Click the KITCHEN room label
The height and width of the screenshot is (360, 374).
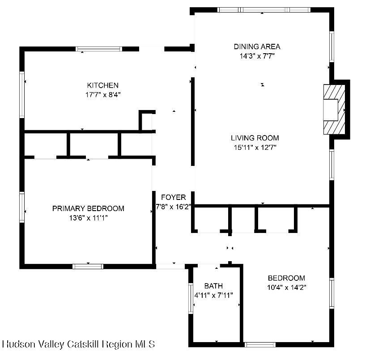(103, 85)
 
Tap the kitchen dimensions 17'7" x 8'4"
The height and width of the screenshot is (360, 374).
(103, 95)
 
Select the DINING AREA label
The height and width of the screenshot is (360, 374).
(257, 47)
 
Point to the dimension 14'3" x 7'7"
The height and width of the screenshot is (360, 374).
(257, 56)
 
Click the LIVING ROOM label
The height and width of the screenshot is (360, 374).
(255, 138)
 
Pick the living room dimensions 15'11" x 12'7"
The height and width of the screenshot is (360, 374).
(255, 147)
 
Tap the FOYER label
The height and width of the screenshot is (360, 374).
(174, 197)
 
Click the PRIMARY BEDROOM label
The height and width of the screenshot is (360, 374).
(88, 208)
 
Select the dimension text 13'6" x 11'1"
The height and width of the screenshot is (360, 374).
(89, 218)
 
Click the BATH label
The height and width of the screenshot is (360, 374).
(213, 286)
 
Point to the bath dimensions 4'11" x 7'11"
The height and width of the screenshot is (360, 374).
(213, 296)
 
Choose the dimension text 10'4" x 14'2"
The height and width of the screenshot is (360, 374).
(286, 287)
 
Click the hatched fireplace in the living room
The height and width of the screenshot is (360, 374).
(334, 110)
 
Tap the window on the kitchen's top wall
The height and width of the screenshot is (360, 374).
(99, 49)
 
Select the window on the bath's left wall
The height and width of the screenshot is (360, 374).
(191, 298)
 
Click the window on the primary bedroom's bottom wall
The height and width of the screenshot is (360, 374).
(88, 267)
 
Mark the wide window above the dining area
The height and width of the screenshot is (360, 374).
(264, 10)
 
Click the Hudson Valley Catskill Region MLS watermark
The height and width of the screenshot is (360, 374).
(78, 344)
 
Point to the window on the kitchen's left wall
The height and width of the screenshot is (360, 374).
(22, 95)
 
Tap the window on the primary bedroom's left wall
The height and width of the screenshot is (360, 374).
(22, 207)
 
